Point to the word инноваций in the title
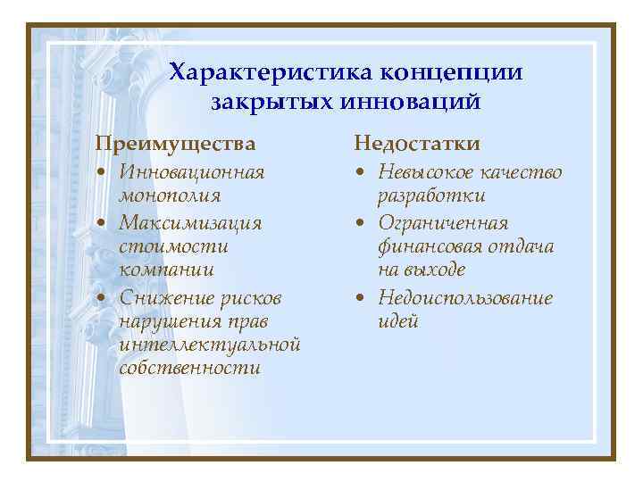pos(410,101)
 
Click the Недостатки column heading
pos(417,143)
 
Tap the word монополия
pos(169,195)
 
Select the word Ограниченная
pos(442,221)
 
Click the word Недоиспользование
pos(464,296)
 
